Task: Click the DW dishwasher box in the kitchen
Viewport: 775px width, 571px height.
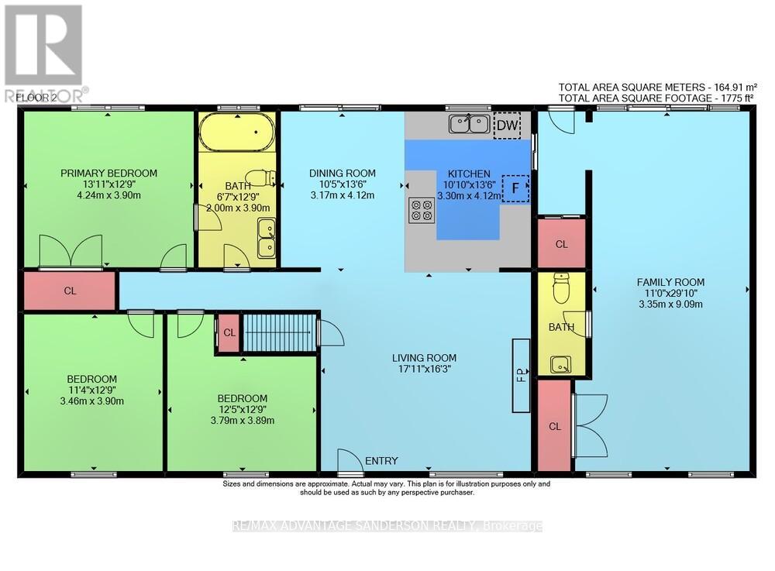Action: click(507, 126)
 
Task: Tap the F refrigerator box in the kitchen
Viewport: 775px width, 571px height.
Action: click(515, 188)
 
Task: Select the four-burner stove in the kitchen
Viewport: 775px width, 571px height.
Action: click(422, 209)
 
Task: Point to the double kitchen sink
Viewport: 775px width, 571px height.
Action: click(470, 123)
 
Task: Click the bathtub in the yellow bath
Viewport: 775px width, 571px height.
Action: click(236, 132)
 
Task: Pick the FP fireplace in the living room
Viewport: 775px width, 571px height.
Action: click(521, 376)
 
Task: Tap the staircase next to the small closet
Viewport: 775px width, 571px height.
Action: click(279, 332)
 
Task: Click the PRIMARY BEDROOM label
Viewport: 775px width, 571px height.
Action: click(108, 174)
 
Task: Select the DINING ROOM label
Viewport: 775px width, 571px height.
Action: click(343, 174)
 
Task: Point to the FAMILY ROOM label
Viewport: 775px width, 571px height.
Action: click(670, 283)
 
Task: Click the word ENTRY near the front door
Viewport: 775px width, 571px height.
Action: click(381, 461)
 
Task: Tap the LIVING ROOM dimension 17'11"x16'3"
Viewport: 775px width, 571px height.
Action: click(425, 369)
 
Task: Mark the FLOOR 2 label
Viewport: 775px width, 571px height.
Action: click(36, 98)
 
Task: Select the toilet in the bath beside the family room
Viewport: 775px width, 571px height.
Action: click(561, 288)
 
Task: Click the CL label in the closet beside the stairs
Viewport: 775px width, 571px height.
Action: click(229, 333)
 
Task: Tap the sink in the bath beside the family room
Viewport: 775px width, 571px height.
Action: click(561, 365)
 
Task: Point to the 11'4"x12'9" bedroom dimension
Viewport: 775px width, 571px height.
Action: click(92, 390)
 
